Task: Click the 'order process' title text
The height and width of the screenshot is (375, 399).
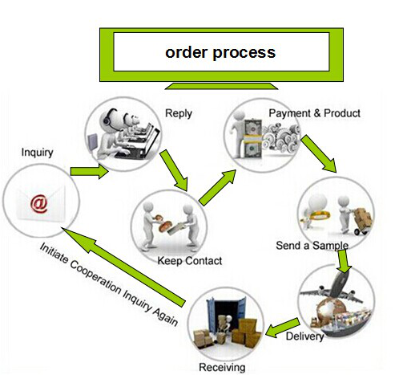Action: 220,52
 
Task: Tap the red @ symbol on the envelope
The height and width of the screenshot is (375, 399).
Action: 39,204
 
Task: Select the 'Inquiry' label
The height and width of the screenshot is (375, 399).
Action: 37,153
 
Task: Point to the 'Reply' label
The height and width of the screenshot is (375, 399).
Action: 179,113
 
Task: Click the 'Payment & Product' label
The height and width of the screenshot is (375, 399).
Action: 314,113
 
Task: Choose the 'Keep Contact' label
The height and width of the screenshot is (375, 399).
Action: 190,261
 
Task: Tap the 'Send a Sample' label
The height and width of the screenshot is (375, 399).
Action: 312,246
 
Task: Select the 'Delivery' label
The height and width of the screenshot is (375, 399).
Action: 304,336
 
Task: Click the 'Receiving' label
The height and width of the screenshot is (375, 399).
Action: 222,367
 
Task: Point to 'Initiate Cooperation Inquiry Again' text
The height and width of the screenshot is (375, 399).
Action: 108,284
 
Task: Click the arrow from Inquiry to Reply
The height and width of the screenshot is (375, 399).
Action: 89,171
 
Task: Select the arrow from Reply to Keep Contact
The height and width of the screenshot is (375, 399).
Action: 174,170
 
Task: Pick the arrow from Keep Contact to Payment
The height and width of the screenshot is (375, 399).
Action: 217,187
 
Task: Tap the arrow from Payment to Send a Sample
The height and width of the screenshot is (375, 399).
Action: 319,153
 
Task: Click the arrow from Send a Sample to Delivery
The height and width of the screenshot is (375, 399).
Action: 344,261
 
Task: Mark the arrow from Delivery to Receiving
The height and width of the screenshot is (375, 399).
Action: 283,328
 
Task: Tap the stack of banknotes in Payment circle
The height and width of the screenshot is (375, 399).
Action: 252,139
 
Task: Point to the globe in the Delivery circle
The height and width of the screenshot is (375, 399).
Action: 328,312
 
